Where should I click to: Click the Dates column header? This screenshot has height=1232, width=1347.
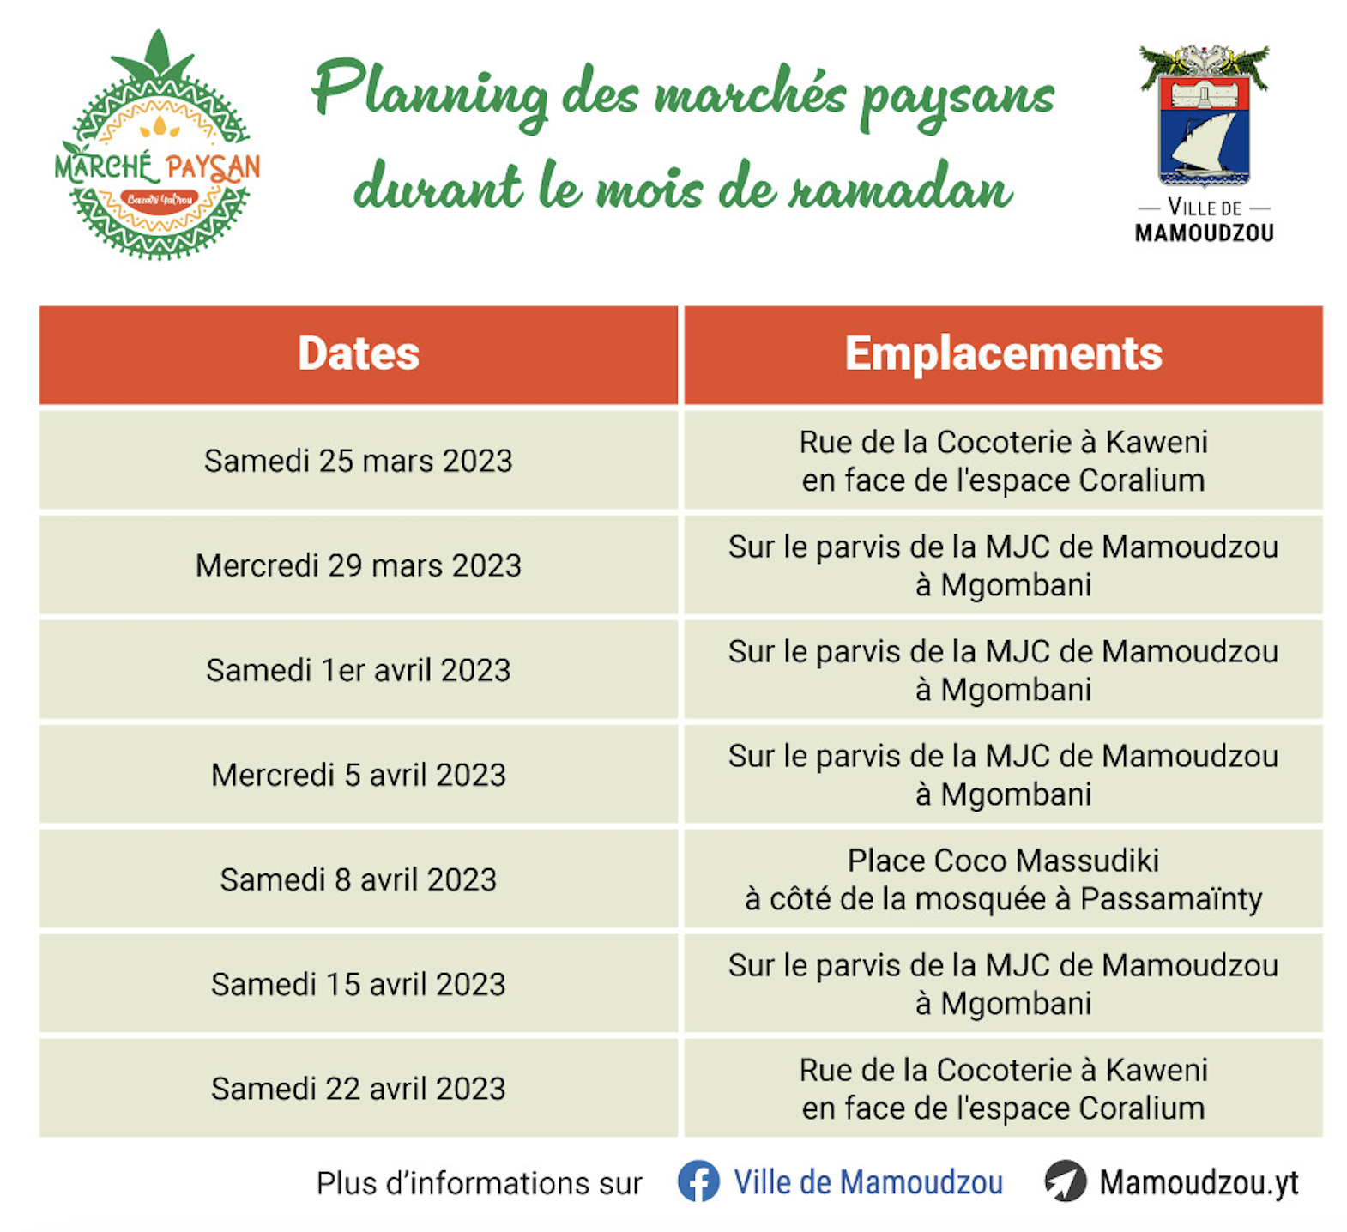pyautogui.click(x=359, y=354)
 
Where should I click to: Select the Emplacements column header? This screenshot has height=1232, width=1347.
pyautogui.click(x=1003, y=354)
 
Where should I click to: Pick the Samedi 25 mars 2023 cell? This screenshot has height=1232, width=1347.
pyautogui.click(x=359, y=461)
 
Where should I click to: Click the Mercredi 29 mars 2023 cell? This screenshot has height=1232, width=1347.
pyautogui.click(x=359, y=565)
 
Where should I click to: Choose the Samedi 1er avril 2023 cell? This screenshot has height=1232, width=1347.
pyautogui.click(x=359, y=670)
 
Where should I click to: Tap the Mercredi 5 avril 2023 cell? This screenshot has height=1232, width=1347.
pyautogui.click(x=359, y=775)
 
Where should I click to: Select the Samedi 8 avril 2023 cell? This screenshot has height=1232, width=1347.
pyautogui.click(x=359, y=879)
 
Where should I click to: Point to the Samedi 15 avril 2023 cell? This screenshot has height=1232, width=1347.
pyautogui.click(x=359, y=984)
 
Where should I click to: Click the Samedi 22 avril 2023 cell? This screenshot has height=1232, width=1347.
pyautogui.click(x=359, y=1089)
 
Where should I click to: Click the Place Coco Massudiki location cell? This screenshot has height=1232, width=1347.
pyautogui.click(x=1003, y=879)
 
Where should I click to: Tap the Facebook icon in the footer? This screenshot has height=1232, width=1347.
pyautogui.click(x=698, y=1181)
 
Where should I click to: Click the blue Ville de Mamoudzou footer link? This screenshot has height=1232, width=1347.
pyautogui.click(x=868, y=1182)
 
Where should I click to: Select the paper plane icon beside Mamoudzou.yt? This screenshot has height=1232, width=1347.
pyautogui.click(x=1066, y=1181)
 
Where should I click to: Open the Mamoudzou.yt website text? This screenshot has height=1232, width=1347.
pyautogui.click(x=1199, y=1183)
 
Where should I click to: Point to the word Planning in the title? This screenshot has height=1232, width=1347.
pyautogui.click(x=430, y=94)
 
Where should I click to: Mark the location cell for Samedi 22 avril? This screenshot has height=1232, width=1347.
pyautogui.click(x=1003, y=1089)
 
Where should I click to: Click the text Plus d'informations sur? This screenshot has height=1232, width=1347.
pyautogui.click(x=479, y=1183)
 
